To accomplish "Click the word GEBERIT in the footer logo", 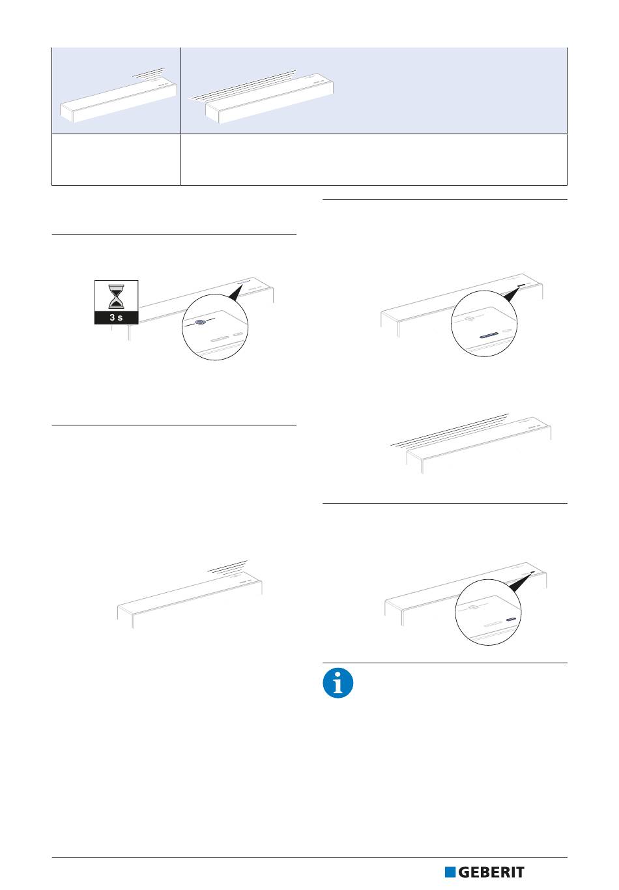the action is [x=491, y=872].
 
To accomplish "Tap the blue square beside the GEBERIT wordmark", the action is [x=450, y=872].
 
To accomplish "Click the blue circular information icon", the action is [x=338, y=683].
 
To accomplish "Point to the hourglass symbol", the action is [x=116, y=296].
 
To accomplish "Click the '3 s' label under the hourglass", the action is [x=116, y=317].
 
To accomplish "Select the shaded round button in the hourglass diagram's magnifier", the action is [x=201, y=322].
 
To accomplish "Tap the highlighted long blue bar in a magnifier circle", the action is [x=489, y=335].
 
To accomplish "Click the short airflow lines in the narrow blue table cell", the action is [x=149, y=72].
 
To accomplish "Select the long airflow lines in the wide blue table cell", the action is [x=242, y=85].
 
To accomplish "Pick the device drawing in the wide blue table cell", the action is [x=269, y=98].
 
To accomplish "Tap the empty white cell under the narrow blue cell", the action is [x=117, y=160].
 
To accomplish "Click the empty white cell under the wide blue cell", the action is [x=374, y=160].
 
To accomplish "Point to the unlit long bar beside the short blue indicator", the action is [x=493, y=624].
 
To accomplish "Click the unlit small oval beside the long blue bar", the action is [x=507, y=330].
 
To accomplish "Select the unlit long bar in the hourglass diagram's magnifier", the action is [x=220, y=339].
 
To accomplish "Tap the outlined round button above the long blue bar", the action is [x=469, y=318].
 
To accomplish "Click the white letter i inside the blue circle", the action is [x=338, y=683].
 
